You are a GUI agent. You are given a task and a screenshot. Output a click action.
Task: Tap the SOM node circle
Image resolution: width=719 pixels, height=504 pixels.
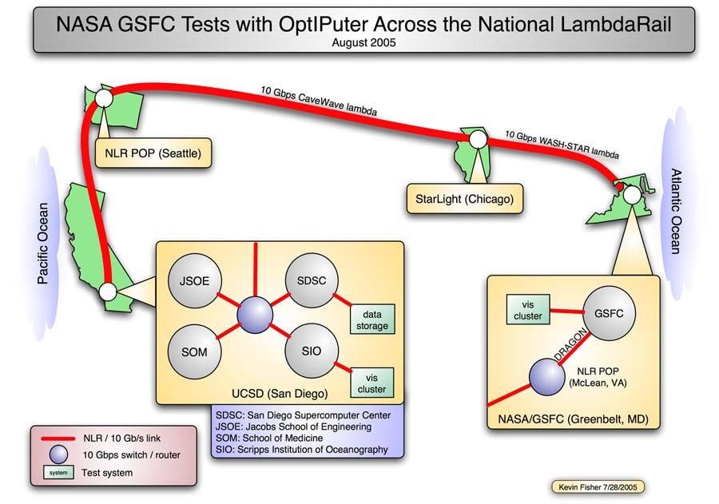[194, 351]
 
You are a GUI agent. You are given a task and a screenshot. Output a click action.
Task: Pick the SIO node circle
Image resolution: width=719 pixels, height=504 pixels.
[312, 351]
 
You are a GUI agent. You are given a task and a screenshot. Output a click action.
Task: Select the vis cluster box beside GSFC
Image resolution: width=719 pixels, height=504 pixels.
[533, 310]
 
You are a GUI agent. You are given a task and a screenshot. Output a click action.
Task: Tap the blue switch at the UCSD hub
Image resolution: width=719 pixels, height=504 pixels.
[256, 315]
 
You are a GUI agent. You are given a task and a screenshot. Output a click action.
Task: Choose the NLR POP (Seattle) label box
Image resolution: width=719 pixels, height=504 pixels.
[153, 152]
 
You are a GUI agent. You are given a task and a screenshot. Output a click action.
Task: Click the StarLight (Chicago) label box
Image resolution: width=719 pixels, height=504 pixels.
[464, 198]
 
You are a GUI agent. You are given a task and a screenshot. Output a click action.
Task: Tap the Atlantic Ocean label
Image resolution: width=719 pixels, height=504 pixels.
[675, 212]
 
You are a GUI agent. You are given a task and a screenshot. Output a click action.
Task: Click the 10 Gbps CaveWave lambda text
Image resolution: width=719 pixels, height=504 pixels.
[318, 99]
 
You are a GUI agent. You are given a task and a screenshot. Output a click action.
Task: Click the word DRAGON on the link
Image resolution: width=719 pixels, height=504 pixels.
[574, 343]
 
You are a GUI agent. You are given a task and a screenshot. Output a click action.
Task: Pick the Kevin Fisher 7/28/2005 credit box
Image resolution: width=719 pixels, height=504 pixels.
[598, 486]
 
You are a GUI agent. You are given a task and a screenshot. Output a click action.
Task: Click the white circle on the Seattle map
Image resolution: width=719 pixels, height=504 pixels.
[103, 98]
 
